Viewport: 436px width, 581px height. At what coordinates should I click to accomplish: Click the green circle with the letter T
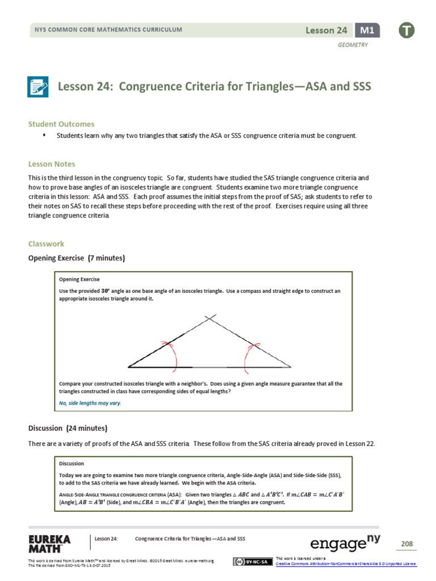pyautogui.click(x=406, y=31)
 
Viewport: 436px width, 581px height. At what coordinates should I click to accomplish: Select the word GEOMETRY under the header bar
pyautogui.click(x=353, y=45)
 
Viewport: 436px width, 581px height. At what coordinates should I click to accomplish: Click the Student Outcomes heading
pyautogui.click(x=61, y=124)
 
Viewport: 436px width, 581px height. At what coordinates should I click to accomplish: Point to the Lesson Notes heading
pyautogui.click(x=52, y=164)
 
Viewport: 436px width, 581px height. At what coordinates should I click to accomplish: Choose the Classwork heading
pyautogui.click(x=47, y=244)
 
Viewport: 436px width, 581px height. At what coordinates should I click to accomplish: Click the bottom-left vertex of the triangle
pyautogui.click(x=130, y=367)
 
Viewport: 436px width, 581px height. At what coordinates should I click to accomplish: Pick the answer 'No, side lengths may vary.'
pyautogui.click(x=90, y=403)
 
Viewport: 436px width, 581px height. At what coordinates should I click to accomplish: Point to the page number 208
pyautogui.click(x=406, y=544)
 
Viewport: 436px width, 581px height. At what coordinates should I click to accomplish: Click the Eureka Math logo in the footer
pyautogui.click(x=49, y=543)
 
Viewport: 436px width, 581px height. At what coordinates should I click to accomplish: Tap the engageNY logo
pyautogui.click(x=345, y=544)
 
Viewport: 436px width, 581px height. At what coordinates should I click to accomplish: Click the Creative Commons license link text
pyautogui.click(x=346, y=564)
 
